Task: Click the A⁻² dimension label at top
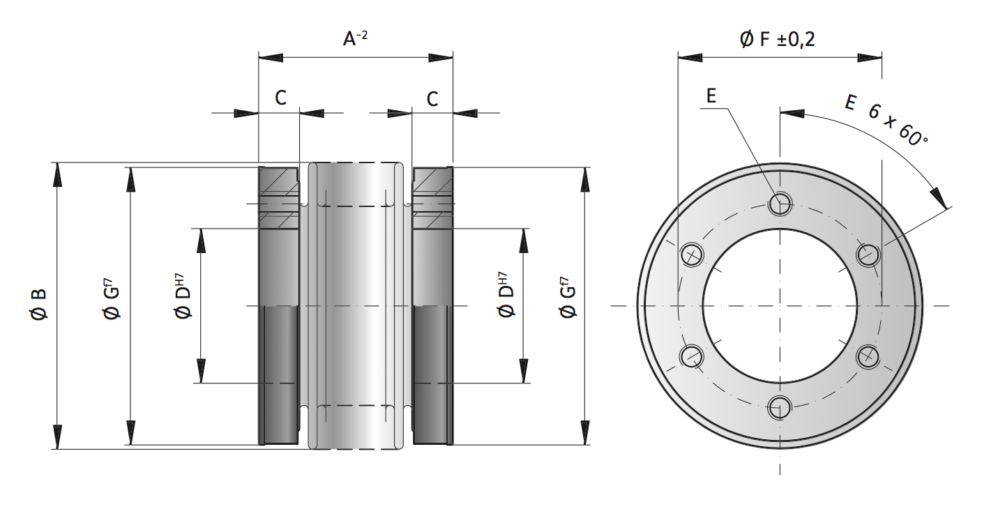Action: click(x=355, y=39)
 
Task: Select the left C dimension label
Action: click(x=280, y=98)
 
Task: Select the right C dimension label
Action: click(x=432, y=98)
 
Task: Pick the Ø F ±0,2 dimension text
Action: click(x=777, y=40)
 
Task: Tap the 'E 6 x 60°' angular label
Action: click(x=886, y=119)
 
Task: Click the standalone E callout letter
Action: click(x=711, y=97)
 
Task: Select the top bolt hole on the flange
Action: click(x=780, y=204)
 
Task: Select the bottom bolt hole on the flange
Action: click(x=780, y=407)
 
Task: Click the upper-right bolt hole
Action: click(x=868, y=254)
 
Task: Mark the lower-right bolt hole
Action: click(x=868, y=356)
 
